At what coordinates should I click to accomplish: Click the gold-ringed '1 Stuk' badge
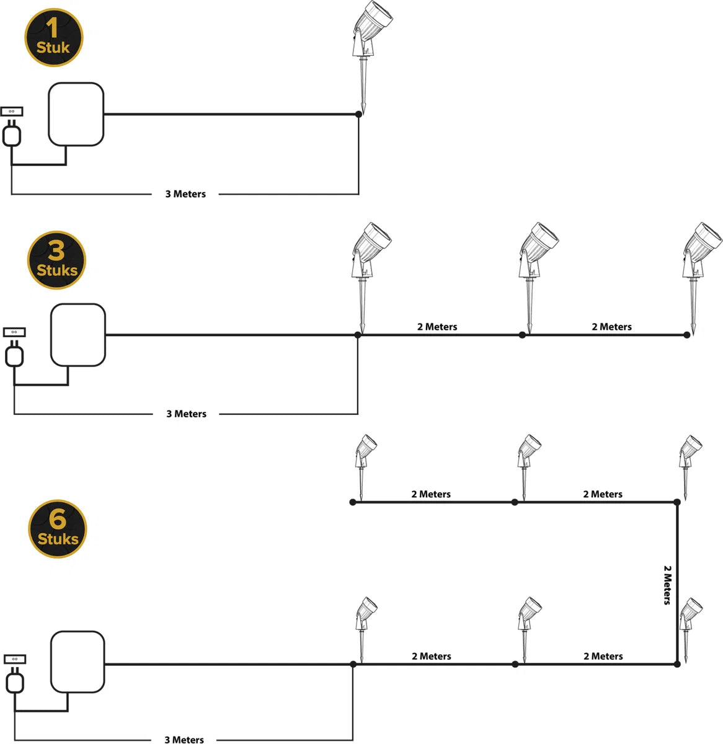pyautogui.click(x=53, y=37)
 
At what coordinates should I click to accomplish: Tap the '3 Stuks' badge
pyautogui.click(x=56, y=260)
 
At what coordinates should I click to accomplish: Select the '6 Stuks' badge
pyautogui.click(x=58, y=529)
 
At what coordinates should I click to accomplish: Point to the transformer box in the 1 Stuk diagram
pyautogui.click(x=76, y=115)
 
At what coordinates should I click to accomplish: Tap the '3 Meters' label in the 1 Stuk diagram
pyautogui.click(x=185, y=194)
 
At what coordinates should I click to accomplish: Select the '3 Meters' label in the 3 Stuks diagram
pyautogui.click(x=186, y=414)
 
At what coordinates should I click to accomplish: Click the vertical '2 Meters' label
pyautogui.click(x=667, y=584)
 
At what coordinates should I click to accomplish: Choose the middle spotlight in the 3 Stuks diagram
pyautogui.click(x=534, y=260)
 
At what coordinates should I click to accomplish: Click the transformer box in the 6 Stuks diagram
pyautogui.click(x=78, y=662)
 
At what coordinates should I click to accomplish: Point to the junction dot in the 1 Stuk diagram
pyautogui.click(x=358, y=114)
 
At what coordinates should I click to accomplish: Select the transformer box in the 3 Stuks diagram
pyautogui.click(x=78, y=335)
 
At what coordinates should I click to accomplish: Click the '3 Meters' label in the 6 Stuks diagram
pyautogui.click(x=184, y=739)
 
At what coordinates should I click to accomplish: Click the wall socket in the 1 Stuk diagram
pyautogui.click(x=12, y=112)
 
